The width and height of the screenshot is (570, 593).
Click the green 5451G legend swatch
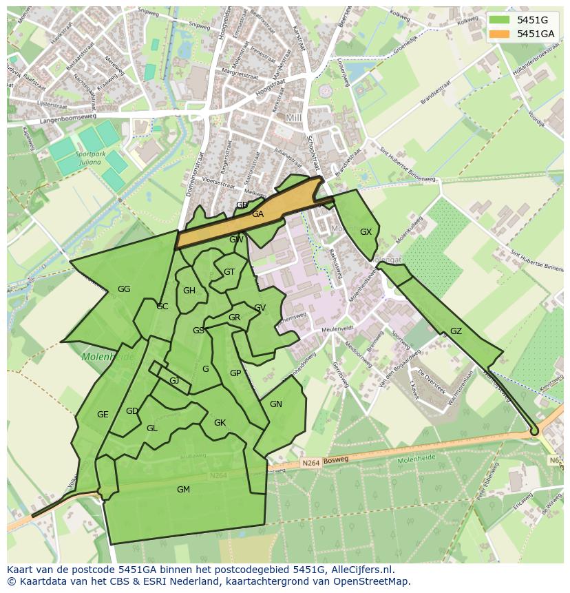[x=500, y=20]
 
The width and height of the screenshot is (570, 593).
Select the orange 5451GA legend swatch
[x=500, y=34]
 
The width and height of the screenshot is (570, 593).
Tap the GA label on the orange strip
[x=257, y=214]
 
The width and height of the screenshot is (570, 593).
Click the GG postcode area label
[x=124, y=289]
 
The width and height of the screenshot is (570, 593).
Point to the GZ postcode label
[x=456, y=331]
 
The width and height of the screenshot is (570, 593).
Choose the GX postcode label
[x=366, y=232]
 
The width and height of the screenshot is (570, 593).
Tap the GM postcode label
[x=183, y=490]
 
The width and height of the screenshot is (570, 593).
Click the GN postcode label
[x=276, y=404]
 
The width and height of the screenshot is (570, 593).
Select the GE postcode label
[x=103, y=415]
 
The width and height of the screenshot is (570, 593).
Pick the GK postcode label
[x=220, y=423]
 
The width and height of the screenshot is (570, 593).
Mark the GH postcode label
[x=189, y=291]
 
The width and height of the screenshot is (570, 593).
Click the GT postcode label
[x=229, y=272]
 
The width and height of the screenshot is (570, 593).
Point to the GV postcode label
[x=260, y=308]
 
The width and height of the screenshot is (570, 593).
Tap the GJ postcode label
[x=174, y=381]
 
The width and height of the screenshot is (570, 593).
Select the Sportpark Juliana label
[x=90, y=158]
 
